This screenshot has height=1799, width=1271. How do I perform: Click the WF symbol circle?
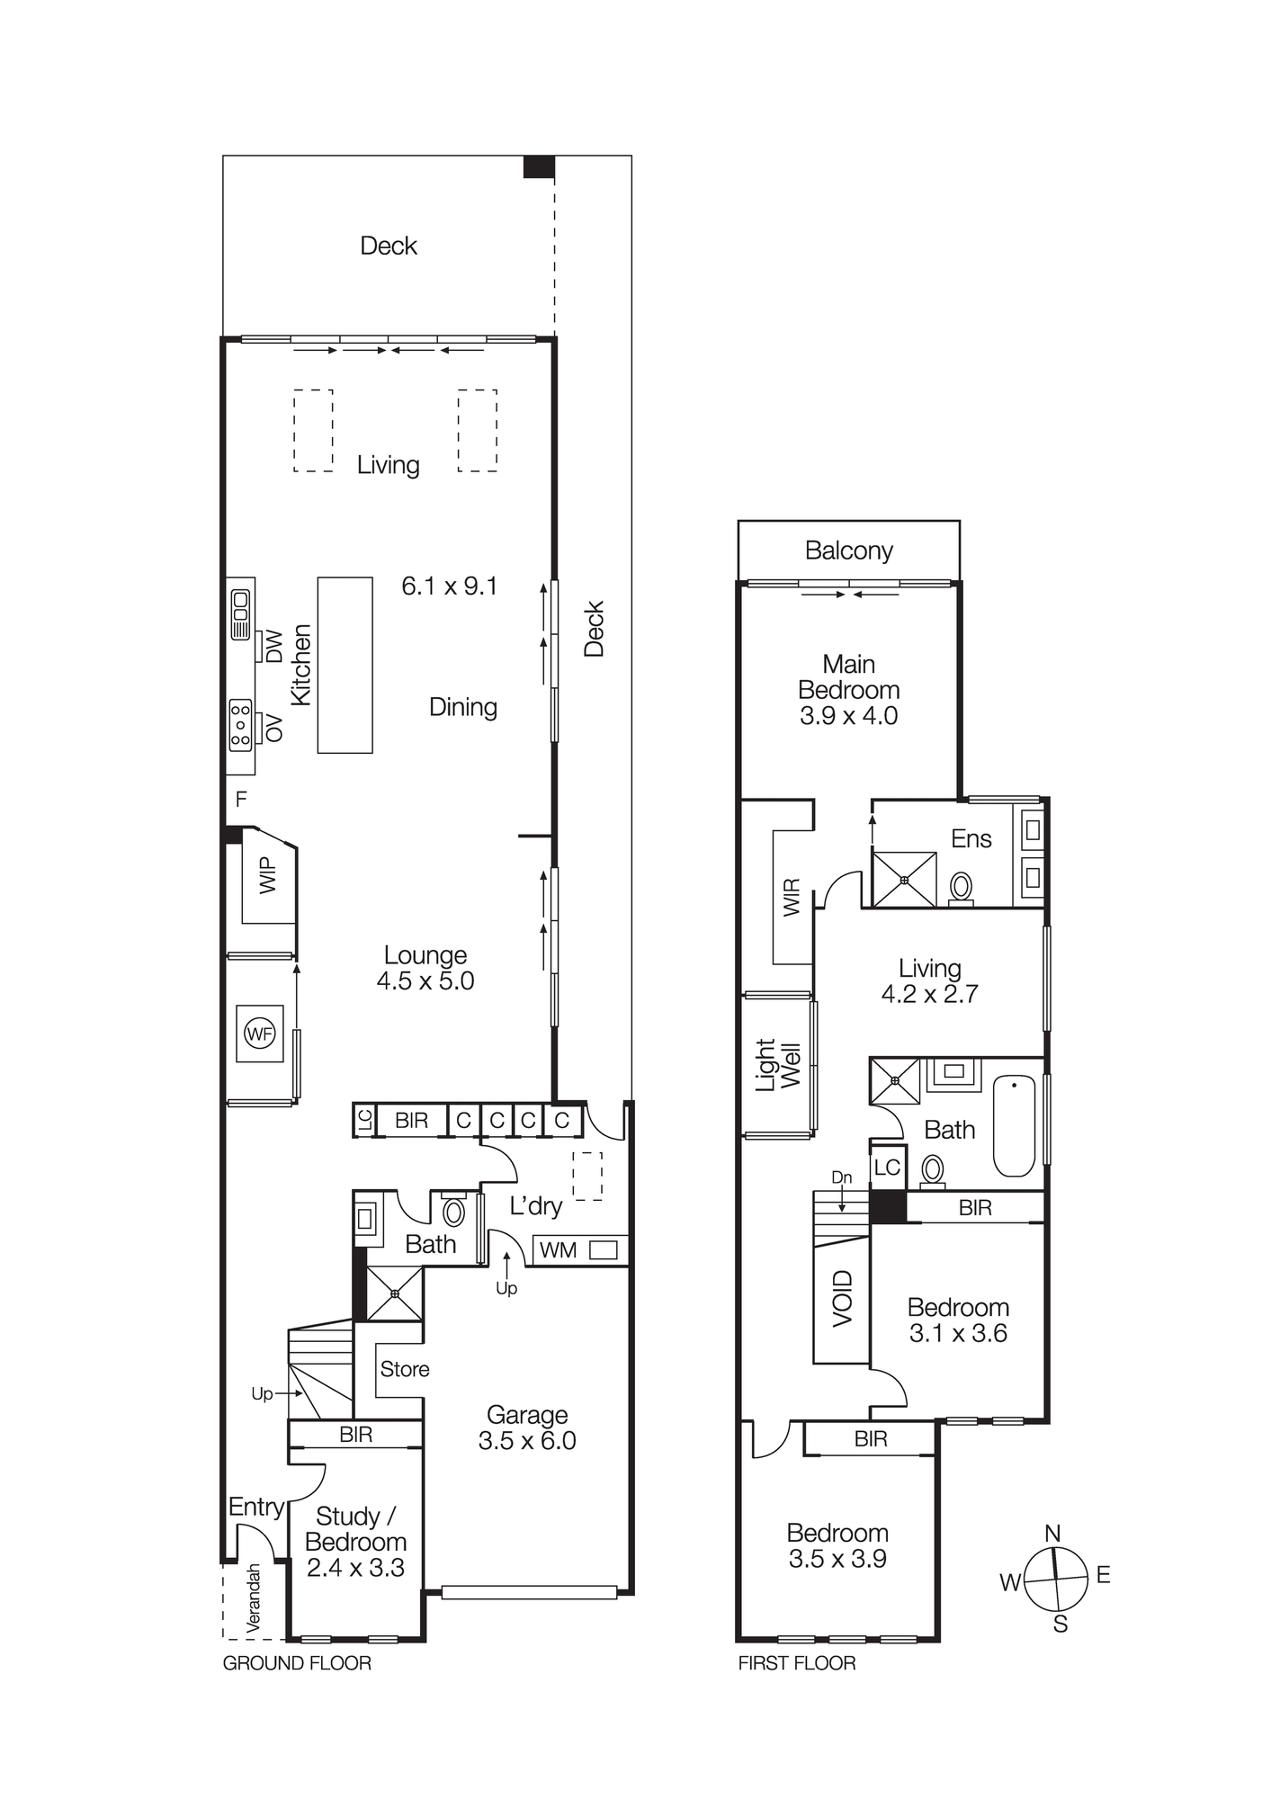pos(260,1034)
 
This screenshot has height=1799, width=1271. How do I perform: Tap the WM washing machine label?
pos(558,1250)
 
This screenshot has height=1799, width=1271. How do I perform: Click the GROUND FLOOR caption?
pos(297,1663)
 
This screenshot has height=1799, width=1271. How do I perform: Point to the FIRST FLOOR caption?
pos(796,1663)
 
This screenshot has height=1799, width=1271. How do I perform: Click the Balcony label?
pos(848,550)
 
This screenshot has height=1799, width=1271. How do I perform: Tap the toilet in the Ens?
pos(961,887)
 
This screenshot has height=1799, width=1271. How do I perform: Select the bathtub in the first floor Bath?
pos(1015,1126)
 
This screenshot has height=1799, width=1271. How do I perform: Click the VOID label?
pos(842,1298)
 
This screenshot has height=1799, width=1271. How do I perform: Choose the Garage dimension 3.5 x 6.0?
pos(527,1441)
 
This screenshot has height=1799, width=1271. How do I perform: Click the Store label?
pos(404,1369)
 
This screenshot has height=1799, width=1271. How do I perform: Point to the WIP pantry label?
pos(268,874)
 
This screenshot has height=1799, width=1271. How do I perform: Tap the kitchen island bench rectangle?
pos(345,665)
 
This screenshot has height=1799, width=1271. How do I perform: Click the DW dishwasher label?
pos(274,646)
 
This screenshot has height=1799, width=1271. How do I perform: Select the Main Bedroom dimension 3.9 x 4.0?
pos(848,716)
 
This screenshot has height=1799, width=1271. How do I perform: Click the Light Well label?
pos(777,1065)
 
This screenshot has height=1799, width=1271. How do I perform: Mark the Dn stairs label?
pos(841,1177)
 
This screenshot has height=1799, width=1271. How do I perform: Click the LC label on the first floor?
pos(887,1168)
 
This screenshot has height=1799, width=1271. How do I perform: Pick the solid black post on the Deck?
pos(539,166)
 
